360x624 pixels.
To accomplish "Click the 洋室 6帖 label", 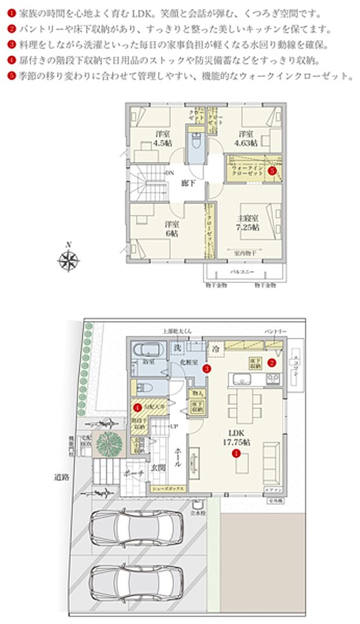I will pyautogui.click(x=171, y=228).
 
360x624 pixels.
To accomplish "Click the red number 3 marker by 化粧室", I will pyautogui.click(x=206, y=368).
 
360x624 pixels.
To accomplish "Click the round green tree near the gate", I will pyautogui.click(x=107, y=443).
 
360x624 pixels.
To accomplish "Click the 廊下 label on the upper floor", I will pyautogui.click(x=187, y=183).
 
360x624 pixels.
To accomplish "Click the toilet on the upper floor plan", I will pyautogui.click(x=195, y=141).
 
